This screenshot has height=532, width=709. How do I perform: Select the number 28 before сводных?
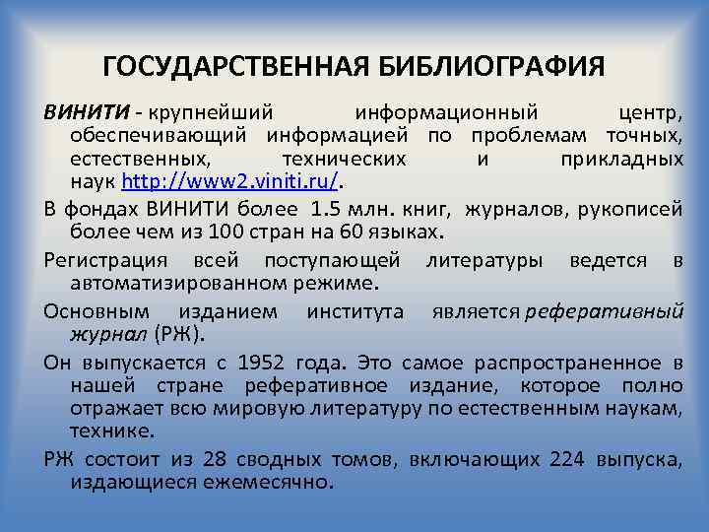pos(215,459)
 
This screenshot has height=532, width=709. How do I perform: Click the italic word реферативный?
pos(605,311)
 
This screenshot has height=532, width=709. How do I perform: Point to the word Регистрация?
pos(104,260)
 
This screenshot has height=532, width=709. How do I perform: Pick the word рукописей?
pos(633,207)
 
